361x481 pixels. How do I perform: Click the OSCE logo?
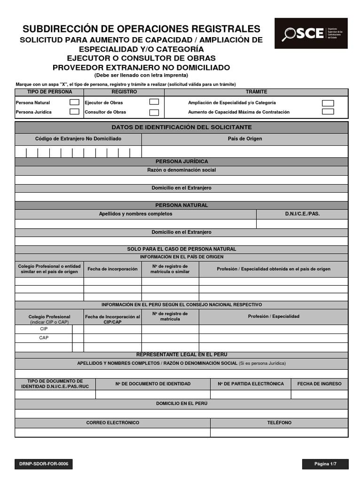point(311,33)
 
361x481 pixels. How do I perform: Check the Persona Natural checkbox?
point(74,102)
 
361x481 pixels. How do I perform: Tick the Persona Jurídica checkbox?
point(74,112)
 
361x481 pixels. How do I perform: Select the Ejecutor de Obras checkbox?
point(154,102)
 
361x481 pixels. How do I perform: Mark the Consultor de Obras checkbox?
point(154,112)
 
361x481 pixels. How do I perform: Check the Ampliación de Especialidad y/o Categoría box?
point(328,103)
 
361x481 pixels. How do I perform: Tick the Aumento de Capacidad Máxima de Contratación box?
point(328,112)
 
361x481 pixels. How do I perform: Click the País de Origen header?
point(245,139)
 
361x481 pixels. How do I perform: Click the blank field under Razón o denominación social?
point(181,179)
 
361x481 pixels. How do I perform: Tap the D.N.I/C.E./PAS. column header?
point(302,214)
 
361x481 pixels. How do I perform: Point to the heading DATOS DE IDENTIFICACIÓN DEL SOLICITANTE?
point(181,127)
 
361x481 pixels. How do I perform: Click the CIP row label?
point(44,329)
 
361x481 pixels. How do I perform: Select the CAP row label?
point(44,338)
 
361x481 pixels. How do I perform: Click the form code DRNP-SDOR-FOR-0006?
point(44,464)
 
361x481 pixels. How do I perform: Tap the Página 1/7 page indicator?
point(325,464)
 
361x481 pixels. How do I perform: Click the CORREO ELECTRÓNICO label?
point(113,423)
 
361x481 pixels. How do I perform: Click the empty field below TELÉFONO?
point(279,432)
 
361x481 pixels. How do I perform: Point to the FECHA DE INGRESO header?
point(320,384)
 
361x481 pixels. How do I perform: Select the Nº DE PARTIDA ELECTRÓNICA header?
point(251,384)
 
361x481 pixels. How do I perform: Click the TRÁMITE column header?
point(257,92)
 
